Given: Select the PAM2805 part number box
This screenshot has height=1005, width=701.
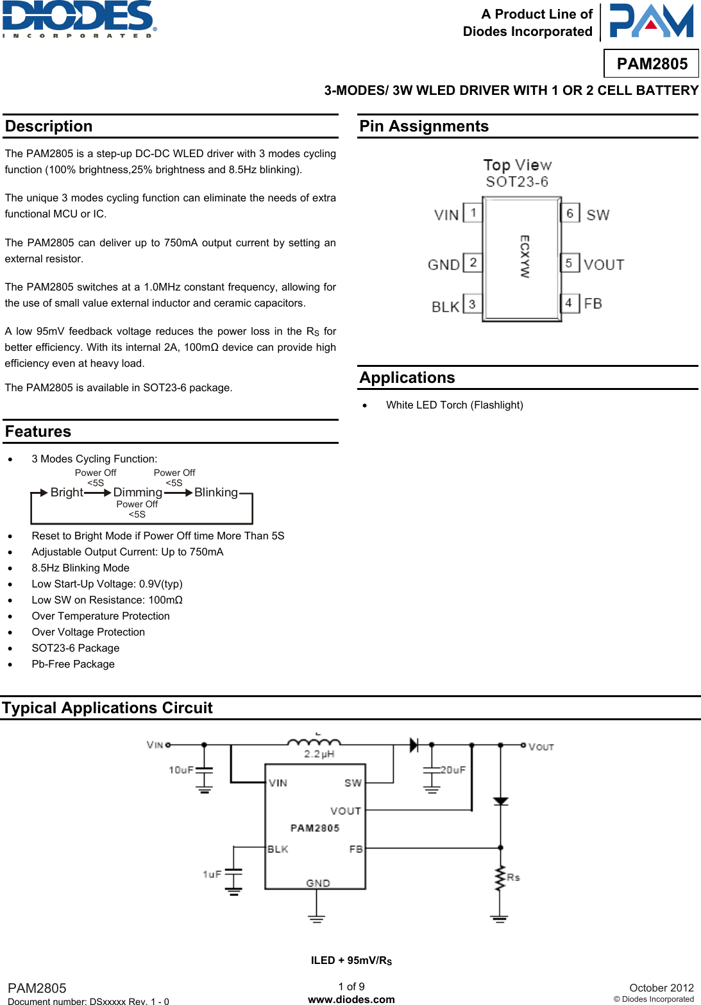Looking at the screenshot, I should [x=652, y=63].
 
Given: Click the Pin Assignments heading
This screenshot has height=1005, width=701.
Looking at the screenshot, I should [x=424, y=126].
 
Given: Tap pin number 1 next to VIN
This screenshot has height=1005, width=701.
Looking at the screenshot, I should [x=473, y=212].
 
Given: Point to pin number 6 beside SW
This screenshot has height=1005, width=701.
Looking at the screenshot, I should [x=570, y=213].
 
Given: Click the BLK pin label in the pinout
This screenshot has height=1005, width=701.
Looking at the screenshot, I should [x=445, y=307].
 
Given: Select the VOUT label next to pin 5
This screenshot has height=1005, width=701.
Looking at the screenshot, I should [x=604, y=264].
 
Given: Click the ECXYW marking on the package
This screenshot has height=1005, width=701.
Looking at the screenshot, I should [x=525, y=256].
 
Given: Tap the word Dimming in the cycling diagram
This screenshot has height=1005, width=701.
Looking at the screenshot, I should [x=137, y=492].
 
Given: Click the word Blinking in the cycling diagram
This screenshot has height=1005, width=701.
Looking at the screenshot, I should [x=215, y=492].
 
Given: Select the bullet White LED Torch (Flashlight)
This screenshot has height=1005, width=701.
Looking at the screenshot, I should [x=454, y=405].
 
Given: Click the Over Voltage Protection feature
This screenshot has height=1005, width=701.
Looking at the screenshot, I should [x=88, y=632].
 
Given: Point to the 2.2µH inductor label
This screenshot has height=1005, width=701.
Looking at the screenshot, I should [x=319, y=754].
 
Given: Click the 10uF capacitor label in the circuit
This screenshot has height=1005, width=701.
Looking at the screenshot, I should [x=181, y=770].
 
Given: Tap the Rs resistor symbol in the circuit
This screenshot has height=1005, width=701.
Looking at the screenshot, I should [x=500, y=879].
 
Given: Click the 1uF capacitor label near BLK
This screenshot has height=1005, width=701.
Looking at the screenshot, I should [x=212, y=874].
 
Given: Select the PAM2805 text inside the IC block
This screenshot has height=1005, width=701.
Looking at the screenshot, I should [x=315, y=828].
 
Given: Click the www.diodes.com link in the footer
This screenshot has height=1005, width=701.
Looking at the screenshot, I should [x=351, y=999].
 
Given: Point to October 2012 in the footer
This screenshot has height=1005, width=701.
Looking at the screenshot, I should [x=661, y=988].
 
